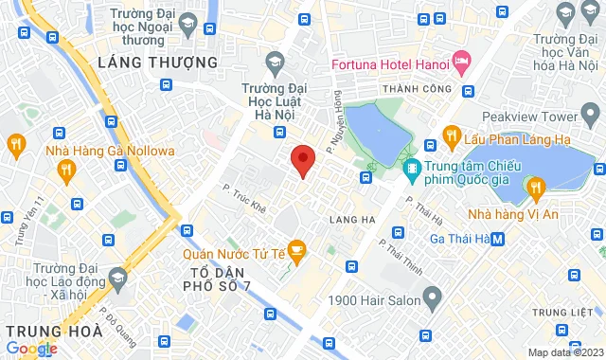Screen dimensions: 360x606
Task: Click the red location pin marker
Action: click(x=302, y=160)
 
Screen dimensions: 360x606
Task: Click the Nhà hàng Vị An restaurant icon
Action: click(x=537, y=188)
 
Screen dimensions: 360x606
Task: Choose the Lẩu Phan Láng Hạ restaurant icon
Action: click(x=452, y=134)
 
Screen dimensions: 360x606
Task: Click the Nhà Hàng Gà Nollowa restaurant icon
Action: click(x=65, y=170)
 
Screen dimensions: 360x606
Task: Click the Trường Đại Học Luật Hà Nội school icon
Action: click(x=276, y=63)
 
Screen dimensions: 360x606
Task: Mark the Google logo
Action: click(x=31, y=349)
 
